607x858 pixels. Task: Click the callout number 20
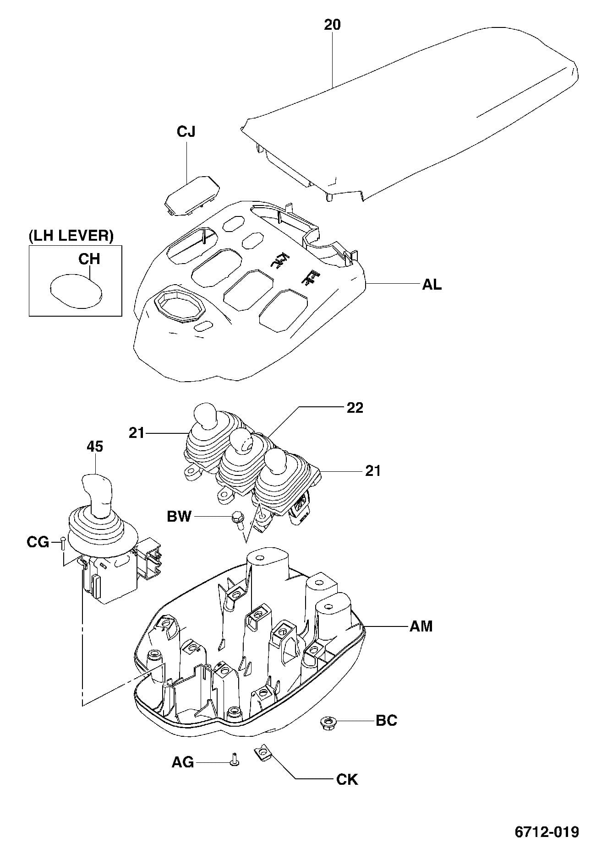point(332,24)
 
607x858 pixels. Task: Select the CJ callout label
point(186,132)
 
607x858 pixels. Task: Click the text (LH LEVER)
point(71,236)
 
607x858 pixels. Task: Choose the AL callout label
point(432,285)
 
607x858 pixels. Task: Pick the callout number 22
point(355,407)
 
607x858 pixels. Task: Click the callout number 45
point(95,446)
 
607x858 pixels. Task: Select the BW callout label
point(179,517)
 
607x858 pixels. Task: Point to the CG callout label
point(38,542)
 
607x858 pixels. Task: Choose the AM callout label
point(421,626)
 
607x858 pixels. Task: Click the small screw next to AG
point(235,760)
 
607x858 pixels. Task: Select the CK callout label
point(347,779)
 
